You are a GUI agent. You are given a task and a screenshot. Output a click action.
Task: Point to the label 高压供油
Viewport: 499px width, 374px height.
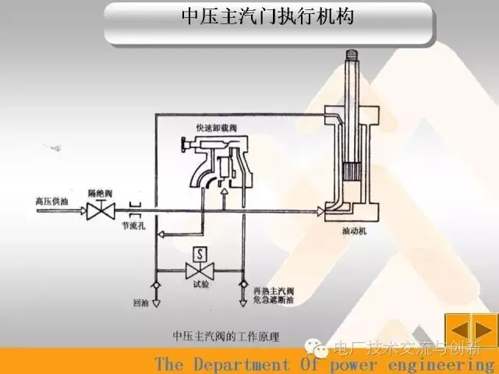[51, 199]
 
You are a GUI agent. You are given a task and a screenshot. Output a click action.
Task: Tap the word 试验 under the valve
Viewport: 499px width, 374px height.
[200, 285]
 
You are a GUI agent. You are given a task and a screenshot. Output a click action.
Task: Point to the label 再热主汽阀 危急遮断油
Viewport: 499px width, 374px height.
[269, 296]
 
